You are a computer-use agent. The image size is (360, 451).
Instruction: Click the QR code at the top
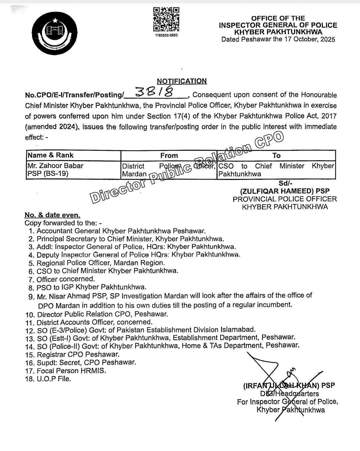[x=166, y=20]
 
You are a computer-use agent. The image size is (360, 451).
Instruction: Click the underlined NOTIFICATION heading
[x=182, y=81]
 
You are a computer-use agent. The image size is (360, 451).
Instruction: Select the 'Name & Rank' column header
[x=51, y=155]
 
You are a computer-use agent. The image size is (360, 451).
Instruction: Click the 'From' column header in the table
[x=169, y=155]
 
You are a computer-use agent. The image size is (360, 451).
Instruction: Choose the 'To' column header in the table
[x=276, y=155]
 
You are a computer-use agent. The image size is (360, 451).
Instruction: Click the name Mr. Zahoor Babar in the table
[x=55, y=166]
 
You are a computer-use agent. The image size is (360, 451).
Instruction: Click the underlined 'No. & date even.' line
[x=52, y=215]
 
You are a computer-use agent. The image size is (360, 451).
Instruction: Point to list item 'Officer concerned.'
[x=66, y=279]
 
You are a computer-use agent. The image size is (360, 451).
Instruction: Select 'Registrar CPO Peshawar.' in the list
[x=78, y=355]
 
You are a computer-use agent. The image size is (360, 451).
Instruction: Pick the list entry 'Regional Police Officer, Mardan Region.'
[x=101, y=263]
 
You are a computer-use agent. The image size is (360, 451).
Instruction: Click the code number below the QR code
[x=166, y=35]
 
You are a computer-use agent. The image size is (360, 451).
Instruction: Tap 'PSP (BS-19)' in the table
[x=48, y=174]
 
